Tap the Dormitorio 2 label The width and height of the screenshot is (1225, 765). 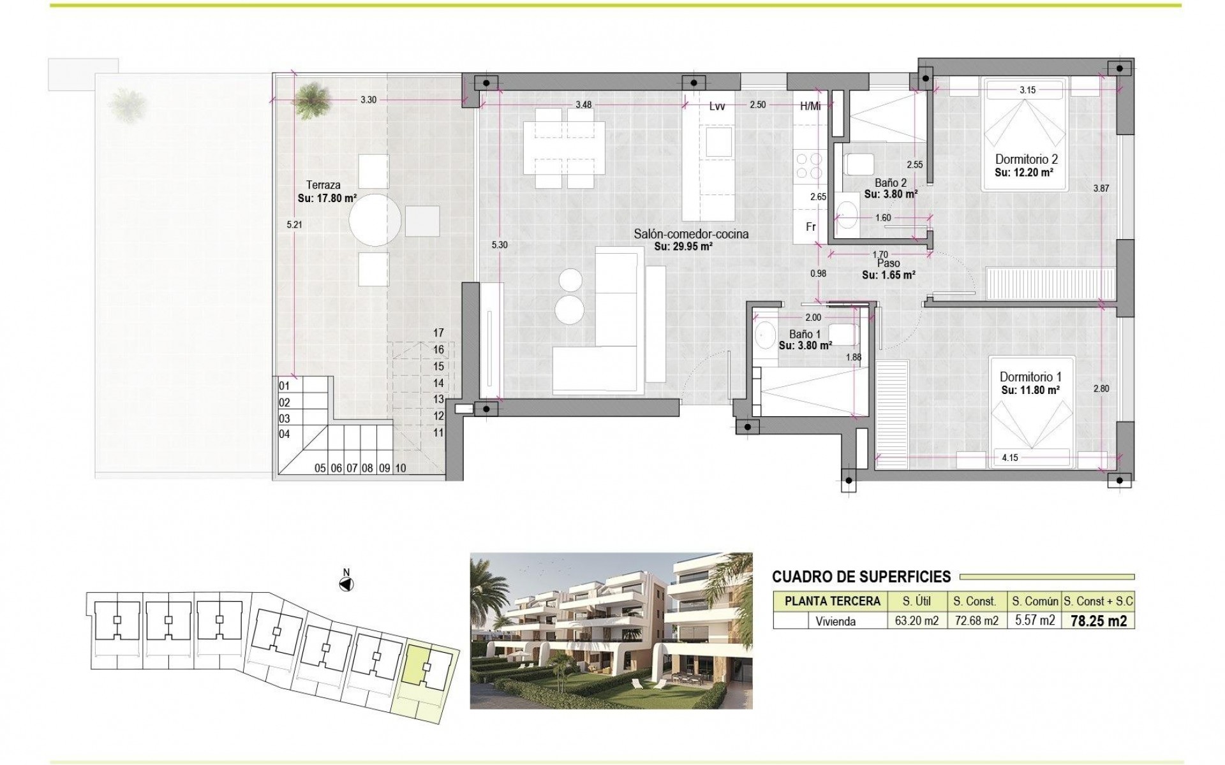[1027, 159]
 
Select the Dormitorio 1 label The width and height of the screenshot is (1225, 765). [1030, 377]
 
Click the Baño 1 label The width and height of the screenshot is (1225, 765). [805, 334]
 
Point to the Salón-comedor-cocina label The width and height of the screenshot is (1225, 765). [691, 234]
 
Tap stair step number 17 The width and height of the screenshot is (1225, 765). [438, 333]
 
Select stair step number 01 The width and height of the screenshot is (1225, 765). [285, 386]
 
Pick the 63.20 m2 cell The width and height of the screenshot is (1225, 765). [913, 621]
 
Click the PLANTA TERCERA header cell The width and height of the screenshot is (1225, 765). [832, 601]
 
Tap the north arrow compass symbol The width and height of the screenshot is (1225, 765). [346, 583]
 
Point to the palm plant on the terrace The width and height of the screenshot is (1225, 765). [313, 99]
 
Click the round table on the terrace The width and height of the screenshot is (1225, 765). [375, 220]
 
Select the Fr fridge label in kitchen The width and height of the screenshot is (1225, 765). [810, 227]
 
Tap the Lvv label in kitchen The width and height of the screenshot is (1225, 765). [716, 106]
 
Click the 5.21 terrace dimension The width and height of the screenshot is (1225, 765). [293, 224]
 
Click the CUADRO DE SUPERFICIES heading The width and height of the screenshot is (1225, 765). [861, 577]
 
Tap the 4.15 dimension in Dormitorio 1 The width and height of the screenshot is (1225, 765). [1009, 458]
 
